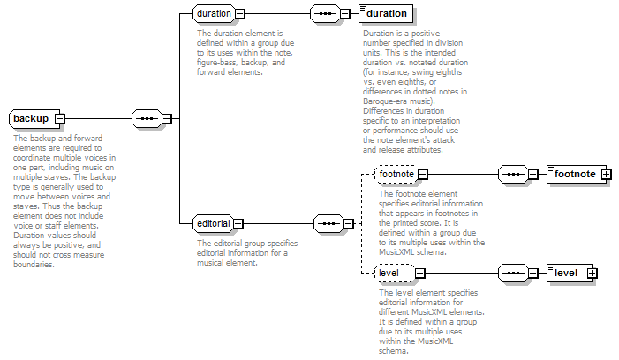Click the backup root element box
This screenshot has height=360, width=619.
pyautogui.click(x=34, y=119)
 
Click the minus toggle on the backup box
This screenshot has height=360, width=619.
pyautogui.click(x=60, y=119)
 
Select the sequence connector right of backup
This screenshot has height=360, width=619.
pyautogui.click(x=147, y=119)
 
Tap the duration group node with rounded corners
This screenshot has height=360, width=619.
pyautogui.click(x=215, y=14)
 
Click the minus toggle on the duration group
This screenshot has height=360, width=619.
pyautogui.click(x=240, y=14)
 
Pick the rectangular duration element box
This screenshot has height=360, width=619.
pyautogui.click(x=386, y=14)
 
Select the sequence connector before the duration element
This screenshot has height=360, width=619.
pyautogui.click(x=325, y=14)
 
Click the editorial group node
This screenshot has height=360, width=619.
pyautogui.click(x=214, y=224)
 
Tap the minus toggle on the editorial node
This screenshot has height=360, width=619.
pyautogui.click(x=238, y=224)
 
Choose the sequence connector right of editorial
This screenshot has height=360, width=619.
pyautogui.click(x=328, y=224)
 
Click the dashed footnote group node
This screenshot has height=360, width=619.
pyautogui.click(x=396, y=175)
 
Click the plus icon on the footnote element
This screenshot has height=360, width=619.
pyautogui.click(x=607, y=175)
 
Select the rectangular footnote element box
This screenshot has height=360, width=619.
pyautogui.click(x=577, y=175)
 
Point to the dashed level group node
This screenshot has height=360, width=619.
pyautogui.click(x=395, y=274)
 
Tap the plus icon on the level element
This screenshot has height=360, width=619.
pyautogui.click(x=593, y=274)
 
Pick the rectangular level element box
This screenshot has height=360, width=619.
pyautogui.click(x=570, y=274)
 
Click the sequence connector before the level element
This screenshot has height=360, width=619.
pyautogui.click(x=513, y=274)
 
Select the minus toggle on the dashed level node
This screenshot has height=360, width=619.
pyautogui.click(x=420, y=274)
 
